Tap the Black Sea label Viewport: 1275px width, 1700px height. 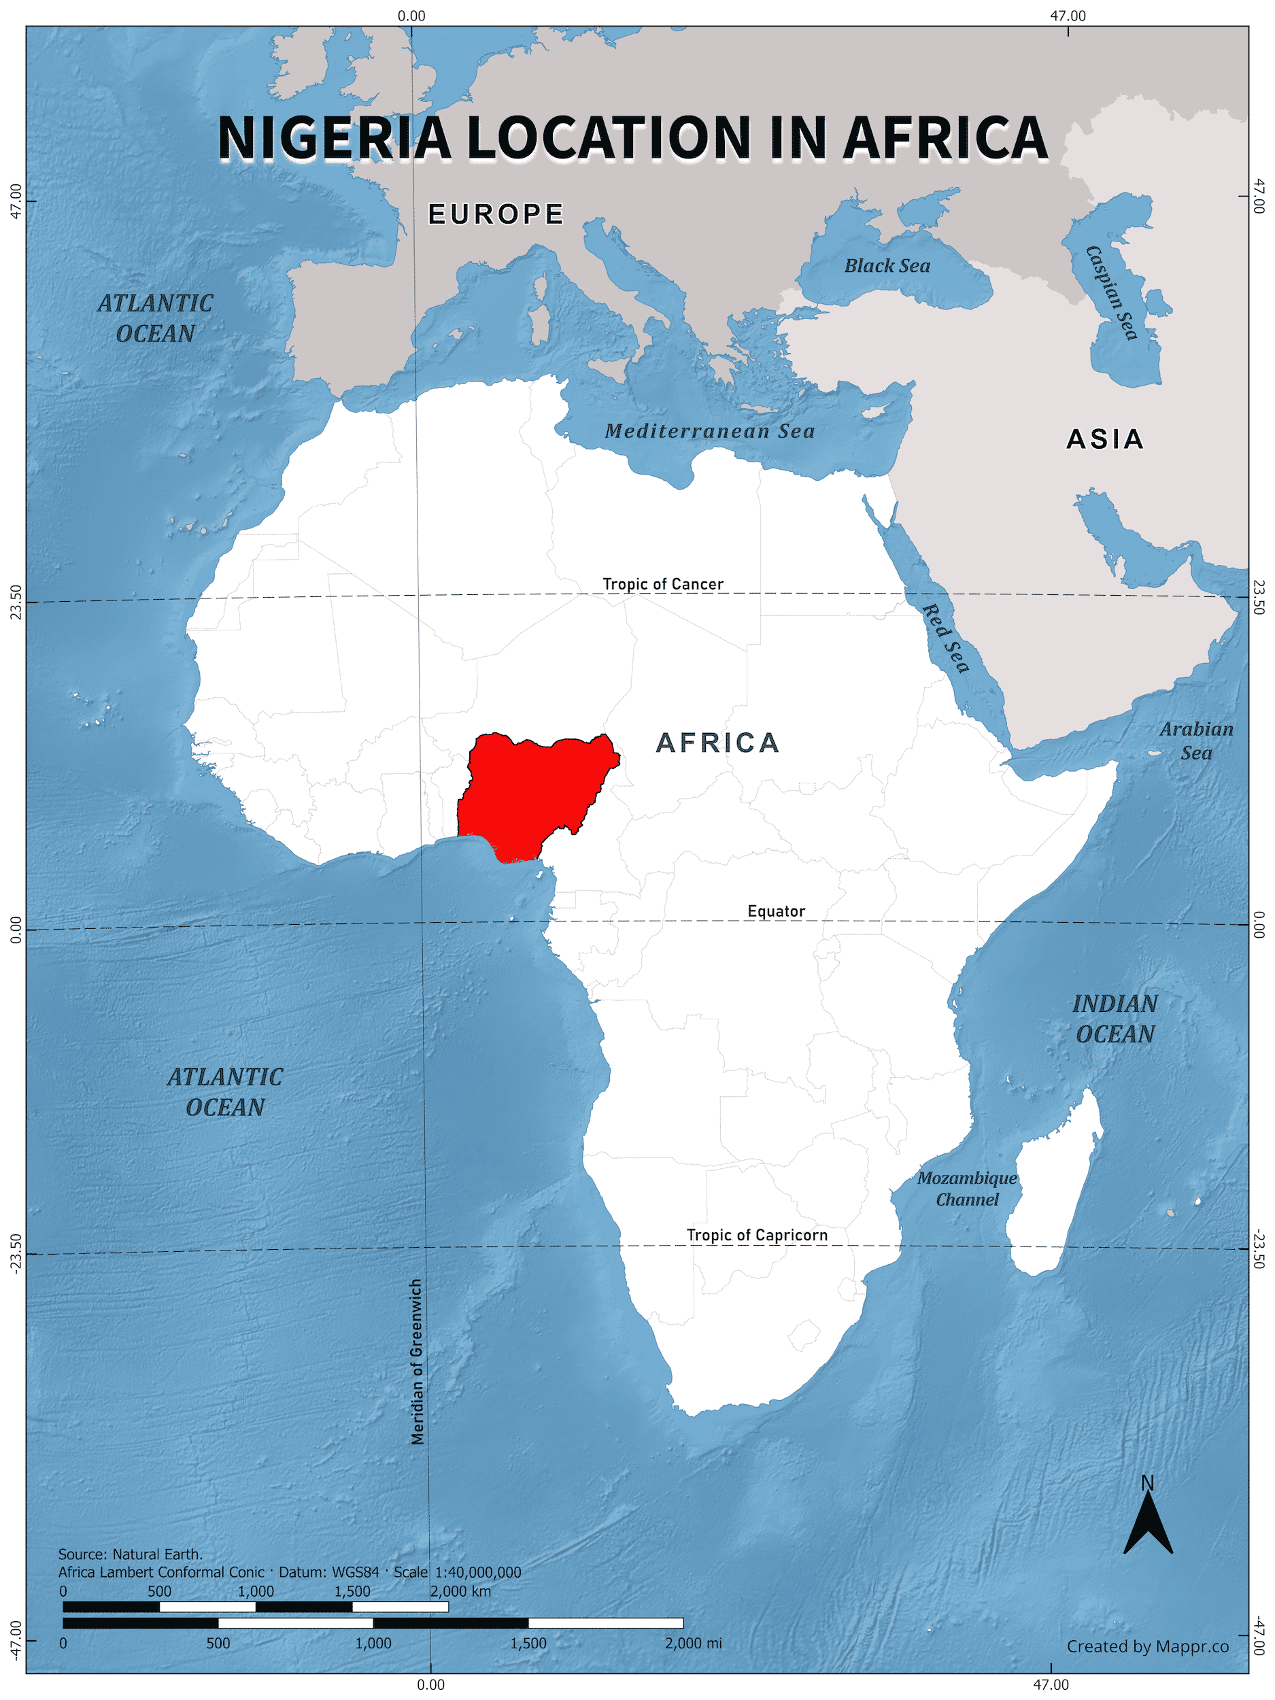click(x=887, y=266)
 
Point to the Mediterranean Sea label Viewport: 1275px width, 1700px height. click(x=709, y=431)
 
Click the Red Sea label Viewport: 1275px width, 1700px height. click(x=946, y=638)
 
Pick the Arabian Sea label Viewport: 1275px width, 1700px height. click(x=1196, y=741)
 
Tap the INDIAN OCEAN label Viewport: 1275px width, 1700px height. click(x=1115, y=1019)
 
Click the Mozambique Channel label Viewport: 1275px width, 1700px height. click(x=967, y=1189)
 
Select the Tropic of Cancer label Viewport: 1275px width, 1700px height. click(x=662, y=584)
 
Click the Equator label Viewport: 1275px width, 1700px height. click(x=777, y=911)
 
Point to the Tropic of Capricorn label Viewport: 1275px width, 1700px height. click(x=757, y=1235)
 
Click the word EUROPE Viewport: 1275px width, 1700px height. click(x=496, y=214)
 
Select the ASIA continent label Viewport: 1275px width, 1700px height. click(x=1105, y=439)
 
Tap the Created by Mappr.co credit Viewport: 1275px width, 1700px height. click(x=1147, y=1646)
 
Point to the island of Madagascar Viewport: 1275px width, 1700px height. click(x=1055, y=1184)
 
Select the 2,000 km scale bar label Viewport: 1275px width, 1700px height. click(x=460, y=1591)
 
